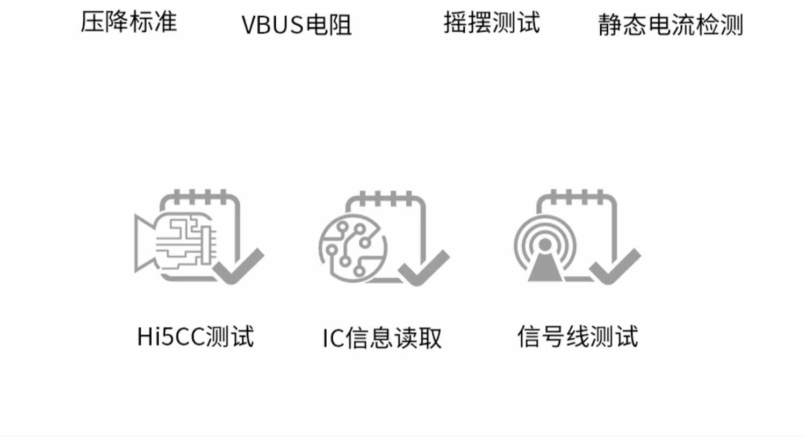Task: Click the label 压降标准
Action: tap(129, 22)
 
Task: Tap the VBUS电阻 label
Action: tap(297, 25)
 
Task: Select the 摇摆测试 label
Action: tap(492, 23)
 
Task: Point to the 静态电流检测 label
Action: tap(671, 25)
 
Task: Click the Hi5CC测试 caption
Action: tap(196, 337)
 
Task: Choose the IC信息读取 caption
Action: tap(382, 338)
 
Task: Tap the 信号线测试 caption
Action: tap(578, 337)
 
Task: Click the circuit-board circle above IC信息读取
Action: tap(352, 248)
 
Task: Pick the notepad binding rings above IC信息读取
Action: tap(386, 198)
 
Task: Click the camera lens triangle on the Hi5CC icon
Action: tap(143, 242)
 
